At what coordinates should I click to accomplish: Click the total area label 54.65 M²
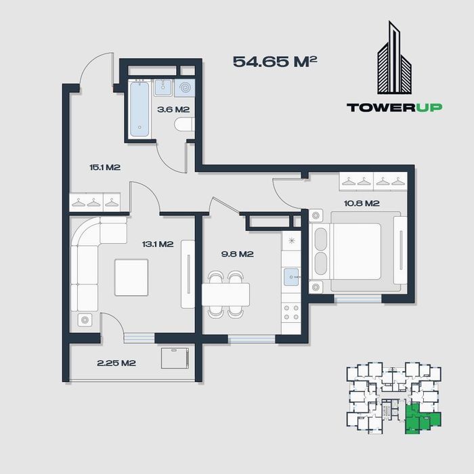coord(275,62)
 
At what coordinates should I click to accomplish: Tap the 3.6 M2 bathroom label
coord(173,109)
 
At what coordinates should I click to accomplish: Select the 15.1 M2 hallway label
coord(105,167)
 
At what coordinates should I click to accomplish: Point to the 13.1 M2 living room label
coord(158,244)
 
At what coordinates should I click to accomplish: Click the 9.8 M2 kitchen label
coord(237,254)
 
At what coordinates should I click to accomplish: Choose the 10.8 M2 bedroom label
coord(362,203)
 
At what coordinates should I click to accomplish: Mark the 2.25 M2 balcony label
coord(116,363)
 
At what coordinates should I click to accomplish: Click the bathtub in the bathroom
coord(139,109)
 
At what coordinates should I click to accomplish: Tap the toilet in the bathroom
coord(185,125)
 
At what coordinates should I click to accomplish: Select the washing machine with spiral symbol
coord(185,87)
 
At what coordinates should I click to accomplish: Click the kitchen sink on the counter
coord(291,277)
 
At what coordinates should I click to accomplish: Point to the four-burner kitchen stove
coord(291,313)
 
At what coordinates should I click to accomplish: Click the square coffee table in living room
coord(131,277)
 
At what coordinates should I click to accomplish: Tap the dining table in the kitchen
coord(225,295)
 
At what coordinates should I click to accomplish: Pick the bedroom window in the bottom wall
coord(358,299)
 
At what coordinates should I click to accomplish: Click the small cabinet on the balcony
coord(175,358)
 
